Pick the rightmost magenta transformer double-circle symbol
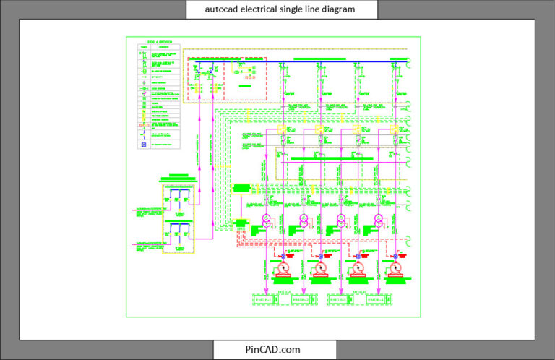pyautogui.click(x=378, y=220)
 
